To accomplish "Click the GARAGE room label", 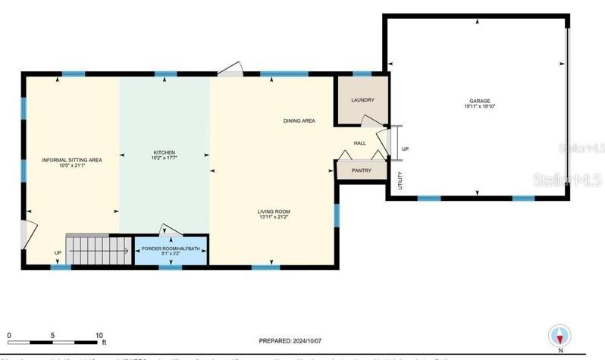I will [478, 101].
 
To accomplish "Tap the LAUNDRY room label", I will [362, 100].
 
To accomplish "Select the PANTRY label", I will [362, 171].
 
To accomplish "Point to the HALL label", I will [360, 142].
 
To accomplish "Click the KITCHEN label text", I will [165, 153].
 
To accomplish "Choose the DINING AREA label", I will [299, 121].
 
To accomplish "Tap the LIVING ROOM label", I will [273, 211].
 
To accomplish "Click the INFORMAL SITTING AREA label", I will [72, 160].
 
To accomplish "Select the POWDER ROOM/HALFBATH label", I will [170, 248].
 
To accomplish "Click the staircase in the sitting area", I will [98, 249].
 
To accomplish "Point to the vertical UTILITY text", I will [400, 180].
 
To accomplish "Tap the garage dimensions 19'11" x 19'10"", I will [478, 107].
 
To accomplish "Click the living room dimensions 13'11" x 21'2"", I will [273, 217].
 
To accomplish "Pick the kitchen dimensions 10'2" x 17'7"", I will [165, 159].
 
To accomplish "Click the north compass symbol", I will [560, 336].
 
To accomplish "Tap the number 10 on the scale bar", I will [99, 335].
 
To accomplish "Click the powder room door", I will [168, 230].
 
